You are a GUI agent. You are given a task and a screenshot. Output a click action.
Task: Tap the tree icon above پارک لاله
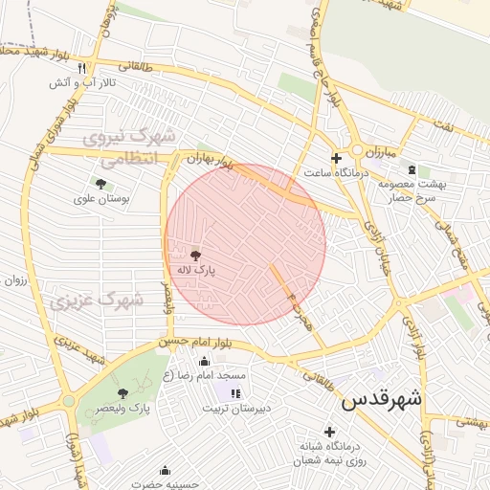[x=196, y=256]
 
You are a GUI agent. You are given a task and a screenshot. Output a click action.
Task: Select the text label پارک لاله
[x=196, y=271]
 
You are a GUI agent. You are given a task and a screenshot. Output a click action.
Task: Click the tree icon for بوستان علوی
[x=100, y=184]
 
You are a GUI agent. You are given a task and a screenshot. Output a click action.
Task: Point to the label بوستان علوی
[x=100, y=199]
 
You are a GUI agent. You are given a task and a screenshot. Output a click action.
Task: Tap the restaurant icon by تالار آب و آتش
[x=81, y=68]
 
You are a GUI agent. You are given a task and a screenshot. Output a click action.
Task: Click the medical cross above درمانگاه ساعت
[x=335, y=158]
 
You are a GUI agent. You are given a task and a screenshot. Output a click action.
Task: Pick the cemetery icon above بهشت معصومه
[x=412, y=169]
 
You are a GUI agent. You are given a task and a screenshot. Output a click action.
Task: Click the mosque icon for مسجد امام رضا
[x=204, y=362]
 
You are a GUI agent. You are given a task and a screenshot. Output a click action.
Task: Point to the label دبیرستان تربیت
[x=235, y=409]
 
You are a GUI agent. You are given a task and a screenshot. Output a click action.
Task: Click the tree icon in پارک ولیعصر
[x=122, y=393]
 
